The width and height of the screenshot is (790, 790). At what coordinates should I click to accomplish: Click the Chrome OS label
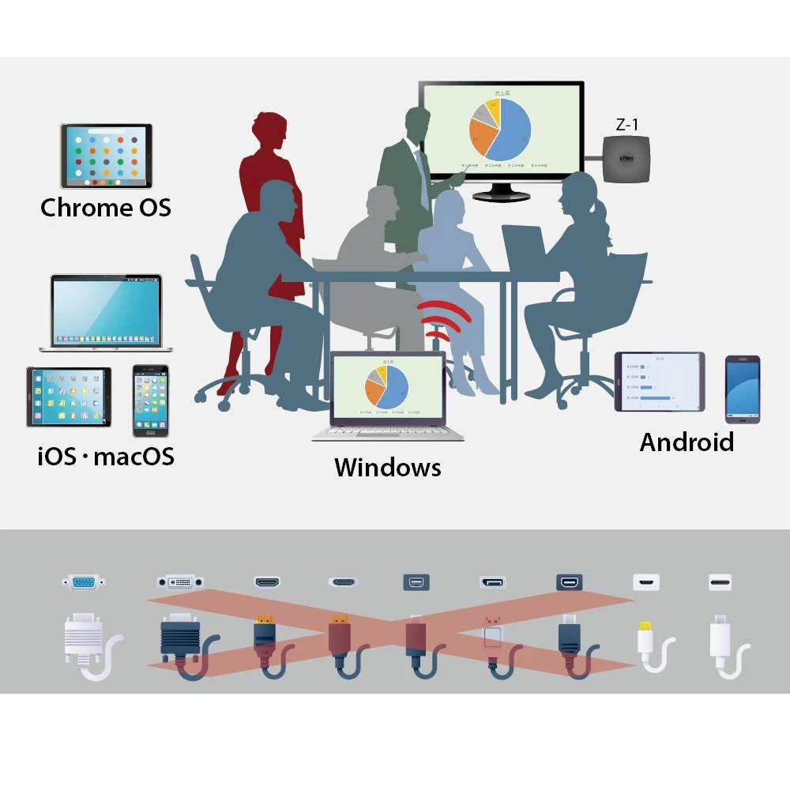tap(105, 208)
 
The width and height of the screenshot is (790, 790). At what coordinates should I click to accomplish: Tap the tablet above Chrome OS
tap(106, 156)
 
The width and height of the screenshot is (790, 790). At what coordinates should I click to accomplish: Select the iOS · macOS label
tap(106, 457)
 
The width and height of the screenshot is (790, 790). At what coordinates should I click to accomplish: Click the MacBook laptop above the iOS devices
tap(106, 313)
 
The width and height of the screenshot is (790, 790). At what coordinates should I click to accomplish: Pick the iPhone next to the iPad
tap(150, 400)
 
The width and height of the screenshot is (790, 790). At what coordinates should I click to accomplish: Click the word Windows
tap(387, 467)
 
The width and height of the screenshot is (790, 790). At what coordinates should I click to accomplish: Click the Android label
tap(687, 442)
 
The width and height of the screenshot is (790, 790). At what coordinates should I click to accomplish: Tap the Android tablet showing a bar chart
tap(659, 382)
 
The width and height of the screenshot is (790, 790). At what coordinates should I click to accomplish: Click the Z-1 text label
tap(627, 124)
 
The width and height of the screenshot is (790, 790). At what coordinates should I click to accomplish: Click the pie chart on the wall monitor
tap(498, 128)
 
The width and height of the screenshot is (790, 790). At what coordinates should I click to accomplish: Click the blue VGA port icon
tap(84, 583)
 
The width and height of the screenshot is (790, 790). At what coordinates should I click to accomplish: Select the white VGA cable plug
tap(84, 638)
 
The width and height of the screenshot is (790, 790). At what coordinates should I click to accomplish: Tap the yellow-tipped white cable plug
tap(646, 638)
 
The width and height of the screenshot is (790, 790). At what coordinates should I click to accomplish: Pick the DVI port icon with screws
tap(180, 582)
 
